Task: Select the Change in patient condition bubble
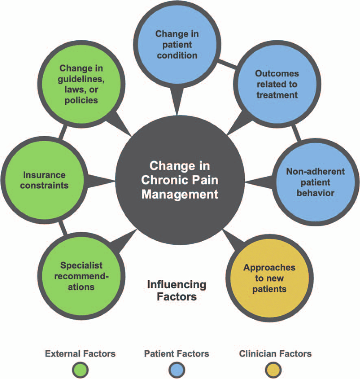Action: click(x=176, y=44)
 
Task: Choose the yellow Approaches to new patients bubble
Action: click(x=263, y=279)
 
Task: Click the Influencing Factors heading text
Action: click(x=177, y=290)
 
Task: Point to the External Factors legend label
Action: click(x=80, y=353)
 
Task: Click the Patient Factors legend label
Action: click(x=177, y=353)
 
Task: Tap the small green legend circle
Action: click(x=80, y=370)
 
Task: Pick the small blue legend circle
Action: click(x=177, y=370)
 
